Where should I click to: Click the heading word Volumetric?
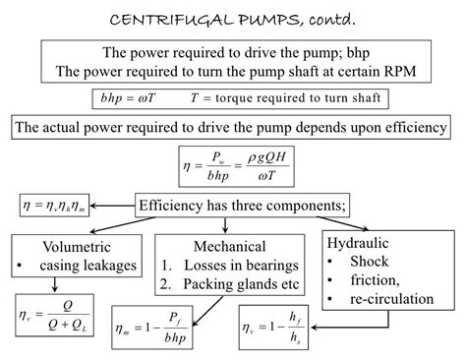point(76,246)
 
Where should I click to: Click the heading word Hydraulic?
point(365,241)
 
